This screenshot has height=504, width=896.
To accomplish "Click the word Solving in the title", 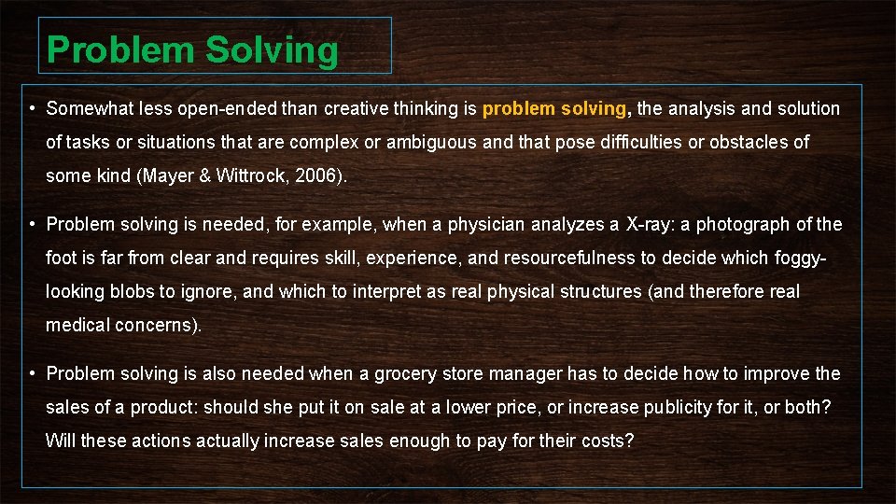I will (x=272, y=50).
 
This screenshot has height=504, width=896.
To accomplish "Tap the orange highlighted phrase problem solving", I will (x=554, y=108).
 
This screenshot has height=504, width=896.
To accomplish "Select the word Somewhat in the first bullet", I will (x=89, y=108).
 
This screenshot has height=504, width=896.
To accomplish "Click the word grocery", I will (x=405, y=373).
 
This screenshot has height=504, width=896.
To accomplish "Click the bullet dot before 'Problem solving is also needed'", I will (x=32, y=373).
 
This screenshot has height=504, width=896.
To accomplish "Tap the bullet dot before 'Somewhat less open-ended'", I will (x=32, y=108).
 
